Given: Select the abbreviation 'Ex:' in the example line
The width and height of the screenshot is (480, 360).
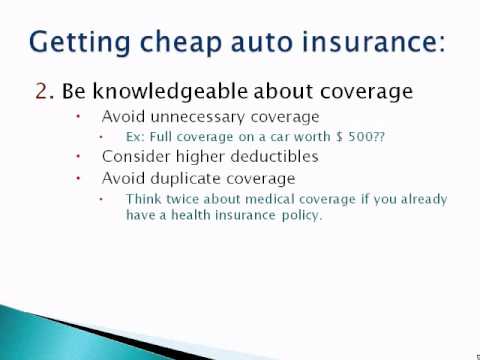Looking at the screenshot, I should (135, 138).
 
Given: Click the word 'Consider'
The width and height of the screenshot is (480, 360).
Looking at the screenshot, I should (135, 157).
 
